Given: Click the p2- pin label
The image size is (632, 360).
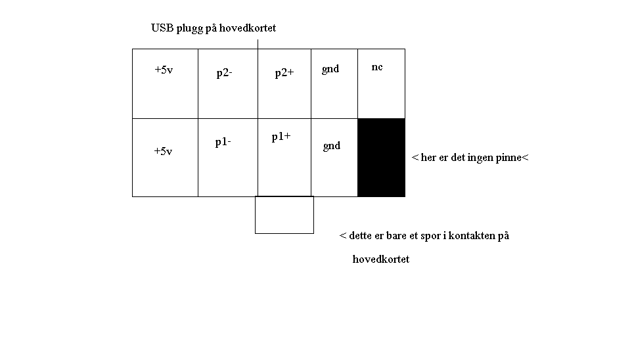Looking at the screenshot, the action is pyautogui.click(x=224, y=73).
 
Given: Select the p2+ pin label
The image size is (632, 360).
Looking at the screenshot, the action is pyautogui.click(x=284, y=73).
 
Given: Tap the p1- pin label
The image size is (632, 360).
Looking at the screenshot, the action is pyautogui.click(x=223, y=142).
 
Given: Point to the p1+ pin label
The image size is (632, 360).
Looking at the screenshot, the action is pyautogui.click(x=281, y=137).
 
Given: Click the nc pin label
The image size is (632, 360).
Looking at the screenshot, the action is pyautogui.click(x=377, y=67).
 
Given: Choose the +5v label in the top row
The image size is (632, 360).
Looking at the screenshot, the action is pyautogui.click(x=164, y=70).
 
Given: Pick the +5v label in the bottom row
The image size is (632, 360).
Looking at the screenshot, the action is pyautogui.click(x=163, y=151).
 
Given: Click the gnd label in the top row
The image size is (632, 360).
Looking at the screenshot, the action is pyautogui.click(x=330, y=70).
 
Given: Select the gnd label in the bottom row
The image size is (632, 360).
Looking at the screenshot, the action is pyautogui.click(x=332, y=146).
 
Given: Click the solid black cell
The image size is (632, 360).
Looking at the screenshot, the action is pyautogui.click(x=381, y=158).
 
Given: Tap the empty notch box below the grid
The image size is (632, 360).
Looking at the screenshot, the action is pyautogui.click(x=284, y=215).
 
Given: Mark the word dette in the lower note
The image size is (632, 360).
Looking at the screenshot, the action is pyautogui.click(x=360, y=235).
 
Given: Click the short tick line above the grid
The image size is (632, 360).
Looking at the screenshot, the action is pyautogui.click(x=258, y=45).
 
